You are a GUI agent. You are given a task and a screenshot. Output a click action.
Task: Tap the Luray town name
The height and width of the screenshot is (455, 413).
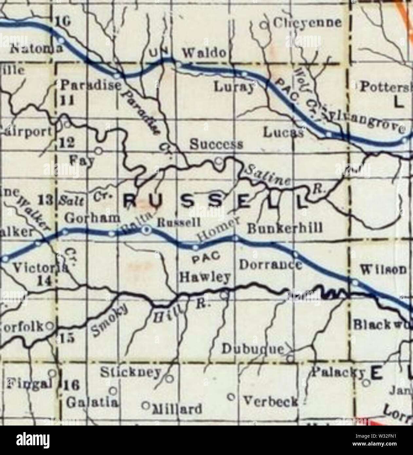(234, 87)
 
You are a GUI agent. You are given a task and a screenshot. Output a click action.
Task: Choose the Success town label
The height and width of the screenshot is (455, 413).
(216, 144)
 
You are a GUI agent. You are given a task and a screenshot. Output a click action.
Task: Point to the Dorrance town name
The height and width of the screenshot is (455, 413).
(270, 264)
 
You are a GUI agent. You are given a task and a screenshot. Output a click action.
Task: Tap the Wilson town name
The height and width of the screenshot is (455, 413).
(384, 270)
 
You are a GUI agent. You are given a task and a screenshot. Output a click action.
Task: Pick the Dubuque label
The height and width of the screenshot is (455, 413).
(253, 350)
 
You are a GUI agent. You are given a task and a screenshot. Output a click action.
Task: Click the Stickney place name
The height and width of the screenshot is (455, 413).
(131, 372)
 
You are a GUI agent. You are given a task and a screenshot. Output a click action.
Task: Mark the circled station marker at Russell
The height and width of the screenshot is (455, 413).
(147, 231)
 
